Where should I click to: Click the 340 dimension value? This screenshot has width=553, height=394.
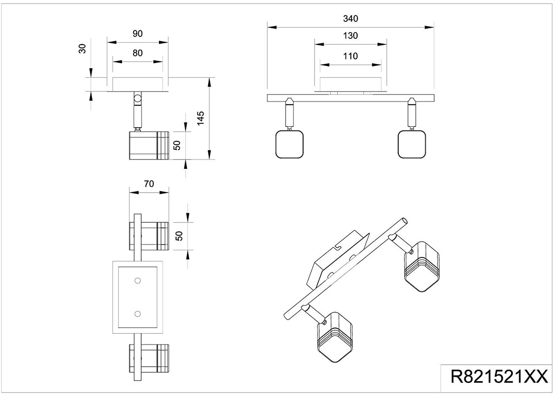point(350,19)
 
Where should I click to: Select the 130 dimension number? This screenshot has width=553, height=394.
point(350,36)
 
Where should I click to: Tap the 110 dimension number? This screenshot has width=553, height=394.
point(350,56)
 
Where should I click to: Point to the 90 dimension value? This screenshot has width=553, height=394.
point(137,34)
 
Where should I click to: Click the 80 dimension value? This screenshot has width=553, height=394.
point(137,53)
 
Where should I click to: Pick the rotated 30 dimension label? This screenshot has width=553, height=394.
point(83,49)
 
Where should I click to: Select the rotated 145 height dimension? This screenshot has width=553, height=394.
point(201,118)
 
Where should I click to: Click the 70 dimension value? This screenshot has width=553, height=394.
point(149,184)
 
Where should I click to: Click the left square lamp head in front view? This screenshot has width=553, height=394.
point(290,144)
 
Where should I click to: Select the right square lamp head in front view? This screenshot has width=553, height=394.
point(412,144)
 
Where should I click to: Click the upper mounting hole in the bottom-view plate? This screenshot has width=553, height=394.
point(137,281)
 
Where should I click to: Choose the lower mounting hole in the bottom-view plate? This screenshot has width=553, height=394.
point(137,314)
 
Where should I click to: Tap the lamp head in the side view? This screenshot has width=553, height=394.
point(149,145)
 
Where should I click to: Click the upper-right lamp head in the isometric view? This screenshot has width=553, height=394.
point(422,266)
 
